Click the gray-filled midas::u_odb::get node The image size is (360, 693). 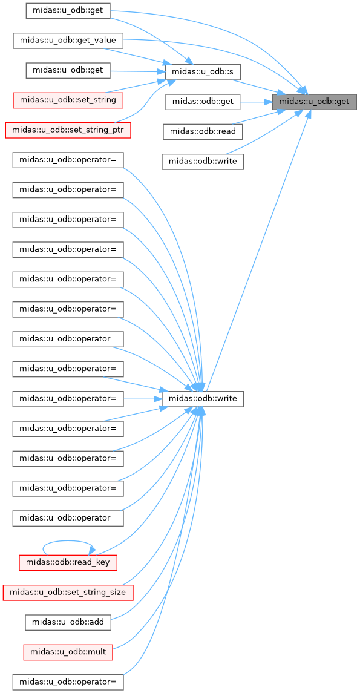(x=314, y=102)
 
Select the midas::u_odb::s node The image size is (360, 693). (x=202, y=72)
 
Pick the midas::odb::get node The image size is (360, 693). (x=202, y=102)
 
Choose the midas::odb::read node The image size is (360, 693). (x=202, y=132)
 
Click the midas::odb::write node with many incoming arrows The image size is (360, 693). (x=203, y=399)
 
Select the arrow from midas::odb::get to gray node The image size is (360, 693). (x=256, y=102)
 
